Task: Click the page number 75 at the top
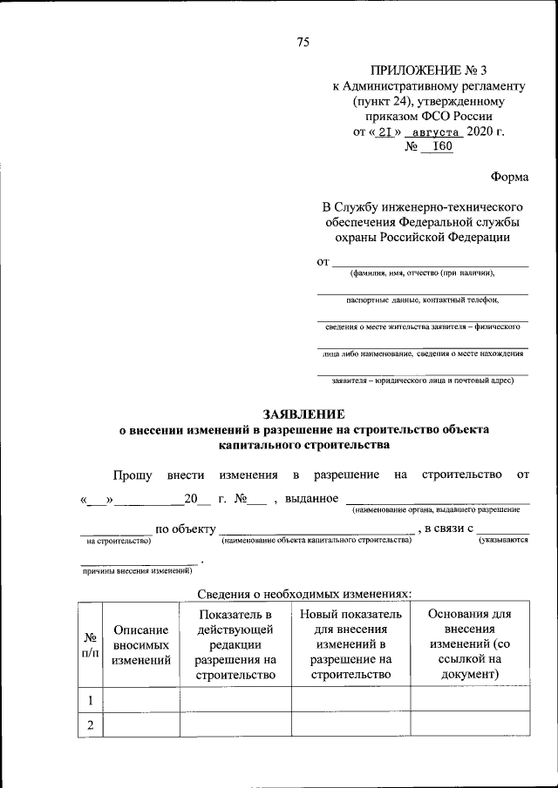[x=303, y=42]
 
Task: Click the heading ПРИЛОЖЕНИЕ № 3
[x=428, y=71]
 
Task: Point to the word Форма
[x=509, y=177]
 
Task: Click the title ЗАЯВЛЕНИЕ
[x=304, y=414]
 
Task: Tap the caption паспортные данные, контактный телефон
[x=423, y=300]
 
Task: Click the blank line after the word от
[x=431, y=261]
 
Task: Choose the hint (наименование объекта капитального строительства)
[x=316, y=541]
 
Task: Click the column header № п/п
[x=89, y=644]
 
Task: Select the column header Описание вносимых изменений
[x=140, y=644]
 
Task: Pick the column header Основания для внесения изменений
[x=470, y=644]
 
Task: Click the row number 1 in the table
[x=89, y=699]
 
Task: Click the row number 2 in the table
[x=89, y=724]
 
